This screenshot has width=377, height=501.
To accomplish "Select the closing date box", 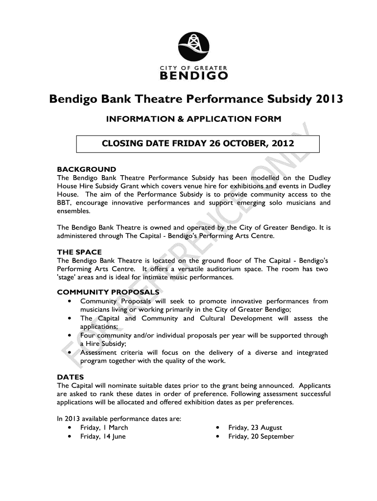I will (x=197, y=144).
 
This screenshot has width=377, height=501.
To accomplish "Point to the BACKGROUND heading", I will (x=87, y=170).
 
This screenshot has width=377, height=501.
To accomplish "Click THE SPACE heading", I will (x=79, y=252).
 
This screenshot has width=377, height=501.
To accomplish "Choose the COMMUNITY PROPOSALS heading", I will (x=108, y=293).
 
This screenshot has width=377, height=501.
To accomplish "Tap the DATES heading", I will (x=71, y=377).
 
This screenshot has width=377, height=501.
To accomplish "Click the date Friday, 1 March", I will (x=104, y=428).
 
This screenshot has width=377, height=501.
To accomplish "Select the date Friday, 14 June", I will (x=103, y=436).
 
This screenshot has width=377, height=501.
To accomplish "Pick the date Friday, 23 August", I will (x=255, y=428).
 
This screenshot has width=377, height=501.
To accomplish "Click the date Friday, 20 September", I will (x=261, y=436).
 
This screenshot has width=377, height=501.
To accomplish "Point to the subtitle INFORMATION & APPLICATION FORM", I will (x=194, y=119).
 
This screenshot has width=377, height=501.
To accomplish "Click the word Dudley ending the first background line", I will (x=319, y=178).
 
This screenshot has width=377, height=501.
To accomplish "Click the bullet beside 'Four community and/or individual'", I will (x=71, y=336).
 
